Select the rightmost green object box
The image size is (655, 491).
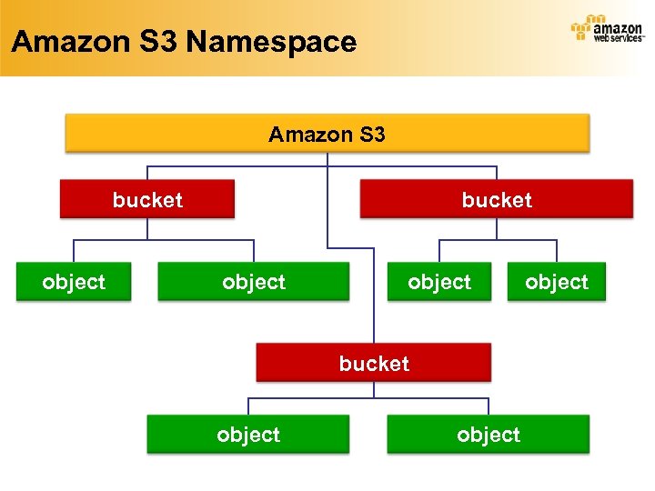[556, 282]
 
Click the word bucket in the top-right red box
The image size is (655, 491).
[497, 199]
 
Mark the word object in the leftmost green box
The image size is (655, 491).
[74, 282]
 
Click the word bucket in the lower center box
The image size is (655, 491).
[374, 363]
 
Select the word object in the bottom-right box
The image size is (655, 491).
[489, 435]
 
